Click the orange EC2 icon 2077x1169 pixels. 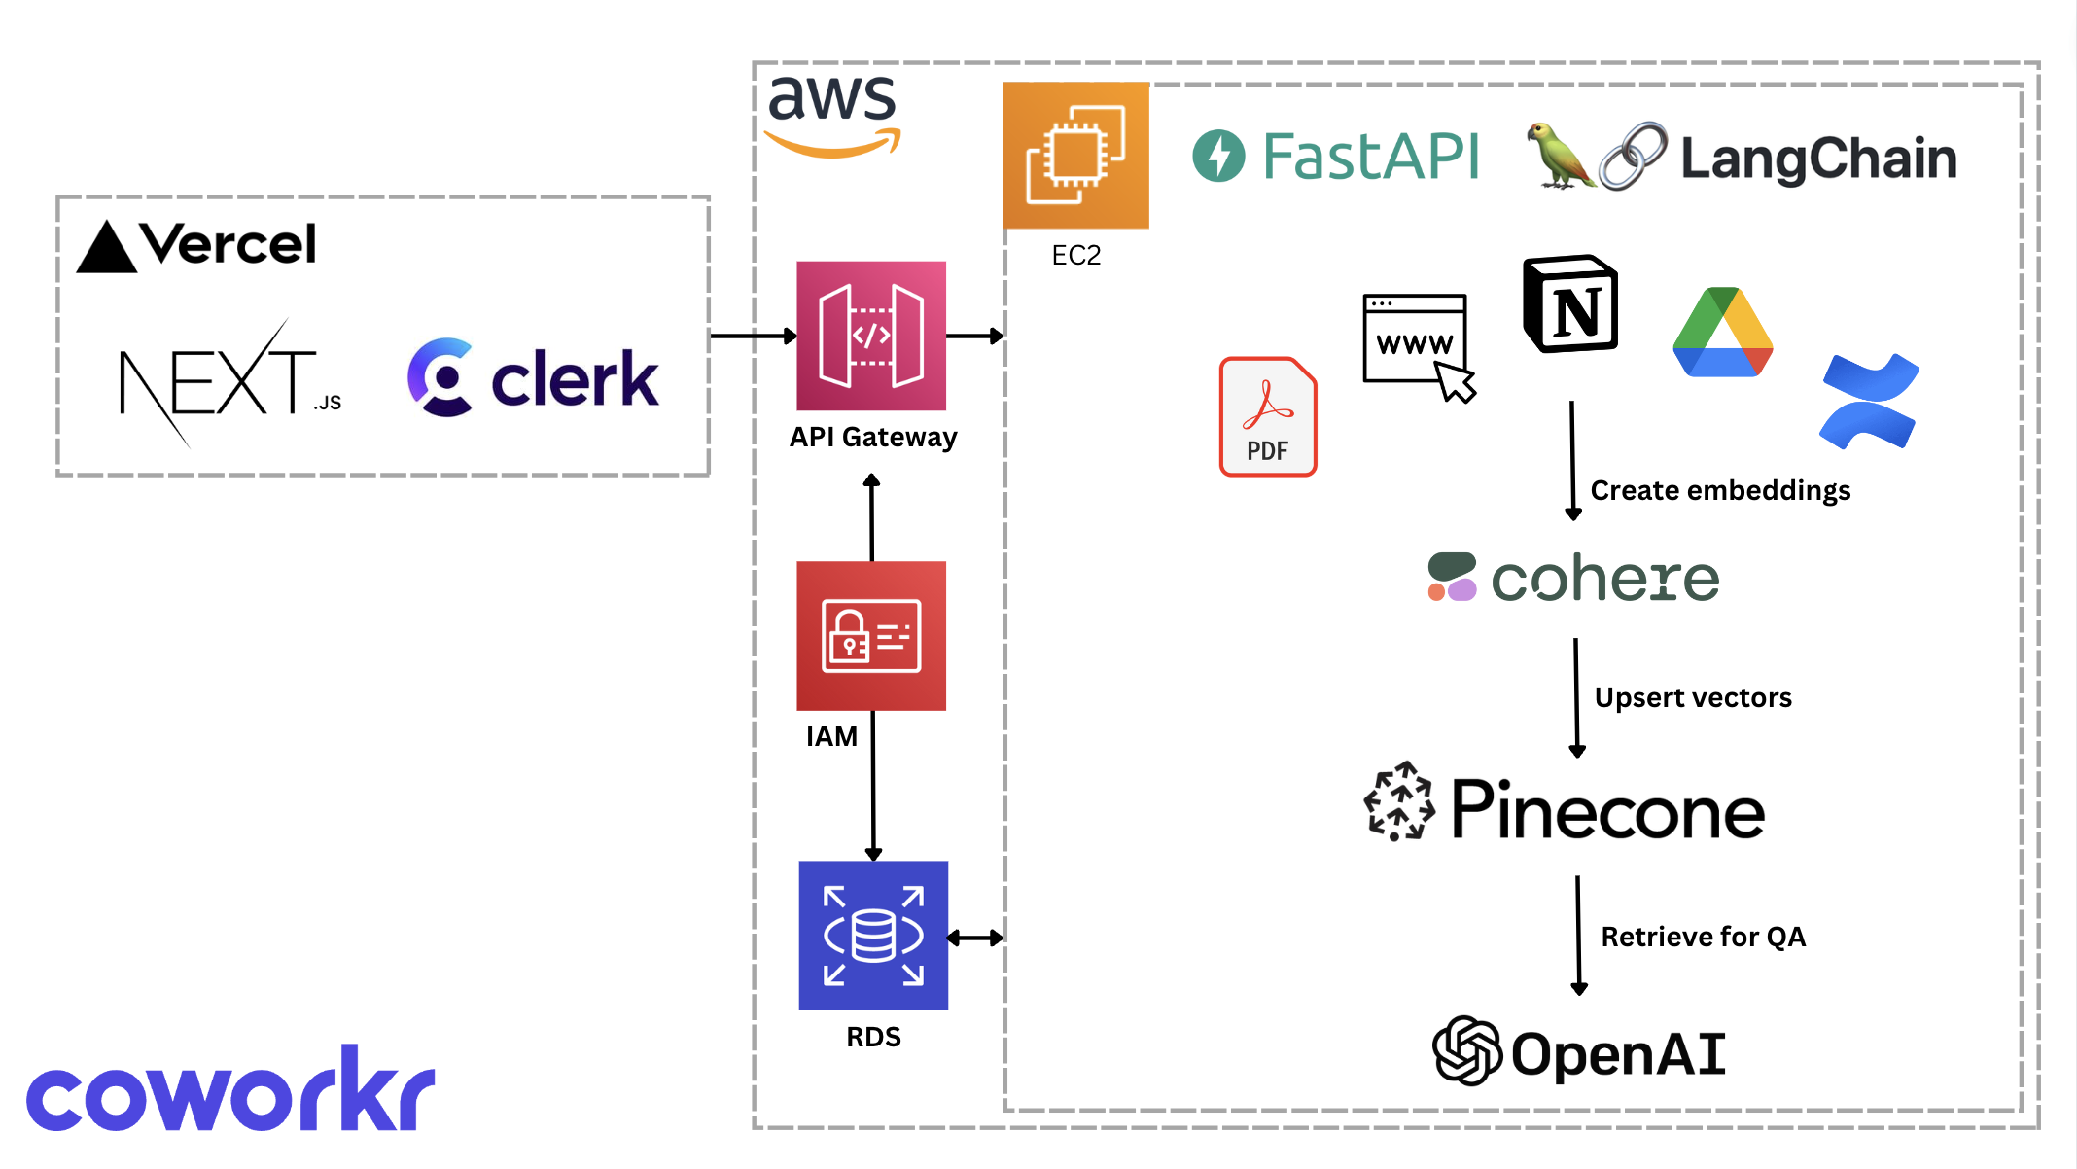tap(1075, 156)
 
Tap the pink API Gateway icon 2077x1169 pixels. tap(871, 336)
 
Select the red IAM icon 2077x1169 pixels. tap(871, 636)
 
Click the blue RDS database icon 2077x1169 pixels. tap(873, 936)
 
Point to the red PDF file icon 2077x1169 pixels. tap(1268, 416)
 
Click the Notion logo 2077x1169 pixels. tap(1570, 304)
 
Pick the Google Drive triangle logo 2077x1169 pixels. tap(1723, 333)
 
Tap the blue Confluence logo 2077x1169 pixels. tap(1869, 401)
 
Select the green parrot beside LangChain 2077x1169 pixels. tap(1558, 156)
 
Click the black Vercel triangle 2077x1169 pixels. tap(106, 247)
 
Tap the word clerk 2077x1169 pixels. tap(574, 379)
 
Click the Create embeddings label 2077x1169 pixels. tap(1720, 490)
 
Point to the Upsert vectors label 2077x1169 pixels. tap(1693, 698)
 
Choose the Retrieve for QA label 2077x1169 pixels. tap(1703, 937)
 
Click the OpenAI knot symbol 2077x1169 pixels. tap(1467, 1051)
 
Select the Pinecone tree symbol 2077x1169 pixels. tap(1399, 801)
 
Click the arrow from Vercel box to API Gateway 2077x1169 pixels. tap(754, 336)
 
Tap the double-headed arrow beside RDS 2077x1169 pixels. tap(975, 938)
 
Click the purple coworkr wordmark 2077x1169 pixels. tap(230, 1091)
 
